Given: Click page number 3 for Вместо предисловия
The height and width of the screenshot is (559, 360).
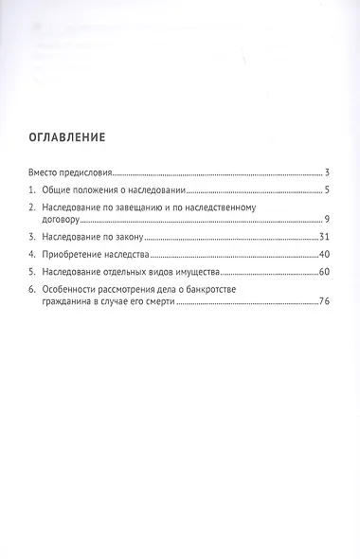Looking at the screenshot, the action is (x=326, y=173).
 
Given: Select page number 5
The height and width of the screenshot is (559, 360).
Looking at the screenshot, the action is (x=326, y=190).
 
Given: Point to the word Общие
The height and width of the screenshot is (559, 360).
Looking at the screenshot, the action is (x=61, y=190).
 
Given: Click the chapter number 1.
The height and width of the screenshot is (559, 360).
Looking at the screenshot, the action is (x=31, y=190).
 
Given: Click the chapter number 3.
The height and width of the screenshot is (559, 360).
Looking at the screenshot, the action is (x=31, y=236).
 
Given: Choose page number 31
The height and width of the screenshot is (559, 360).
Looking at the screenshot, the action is (x=323, y=236).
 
